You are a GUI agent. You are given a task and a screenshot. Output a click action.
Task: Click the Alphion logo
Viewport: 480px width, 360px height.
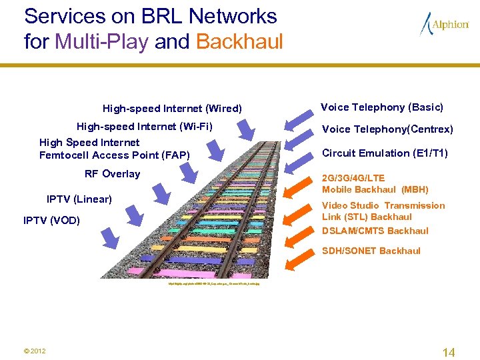click(445, 25)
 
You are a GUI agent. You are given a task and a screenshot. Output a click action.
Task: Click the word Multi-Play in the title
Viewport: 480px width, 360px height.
click(101, 42)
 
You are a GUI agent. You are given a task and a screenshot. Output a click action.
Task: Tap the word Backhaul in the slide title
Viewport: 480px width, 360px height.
click(239, 42)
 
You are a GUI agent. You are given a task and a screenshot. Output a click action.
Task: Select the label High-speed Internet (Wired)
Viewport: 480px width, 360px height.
click(172, 109)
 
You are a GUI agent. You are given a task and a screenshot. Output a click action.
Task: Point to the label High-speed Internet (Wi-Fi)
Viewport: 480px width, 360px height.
click(145, 126)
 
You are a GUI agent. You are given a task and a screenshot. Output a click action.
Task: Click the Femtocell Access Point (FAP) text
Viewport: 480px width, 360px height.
click(115, 155)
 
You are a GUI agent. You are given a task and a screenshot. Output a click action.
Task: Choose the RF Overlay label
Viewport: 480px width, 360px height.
click(112, 174)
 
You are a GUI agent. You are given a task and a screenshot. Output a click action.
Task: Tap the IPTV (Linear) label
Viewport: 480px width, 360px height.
click(79, 199)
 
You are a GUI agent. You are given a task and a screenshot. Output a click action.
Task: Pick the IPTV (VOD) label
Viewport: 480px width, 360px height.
click(51, 220)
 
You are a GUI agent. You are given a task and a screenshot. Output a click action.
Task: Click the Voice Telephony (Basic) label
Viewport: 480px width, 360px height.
click(382, 107)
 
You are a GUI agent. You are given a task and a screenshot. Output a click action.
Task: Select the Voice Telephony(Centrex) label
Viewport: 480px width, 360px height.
click(387, 129)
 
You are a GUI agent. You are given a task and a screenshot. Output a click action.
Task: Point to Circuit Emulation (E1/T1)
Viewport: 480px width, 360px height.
click(385, 153)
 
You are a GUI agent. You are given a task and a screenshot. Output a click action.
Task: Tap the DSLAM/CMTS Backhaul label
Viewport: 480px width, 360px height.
click(375, 231)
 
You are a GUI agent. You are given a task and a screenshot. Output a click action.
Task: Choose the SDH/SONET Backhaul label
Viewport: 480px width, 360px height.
click(371, 251)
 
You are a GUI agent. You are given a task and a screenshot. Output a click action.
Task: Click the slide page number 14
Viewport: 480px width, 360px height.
click(449, 353)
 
